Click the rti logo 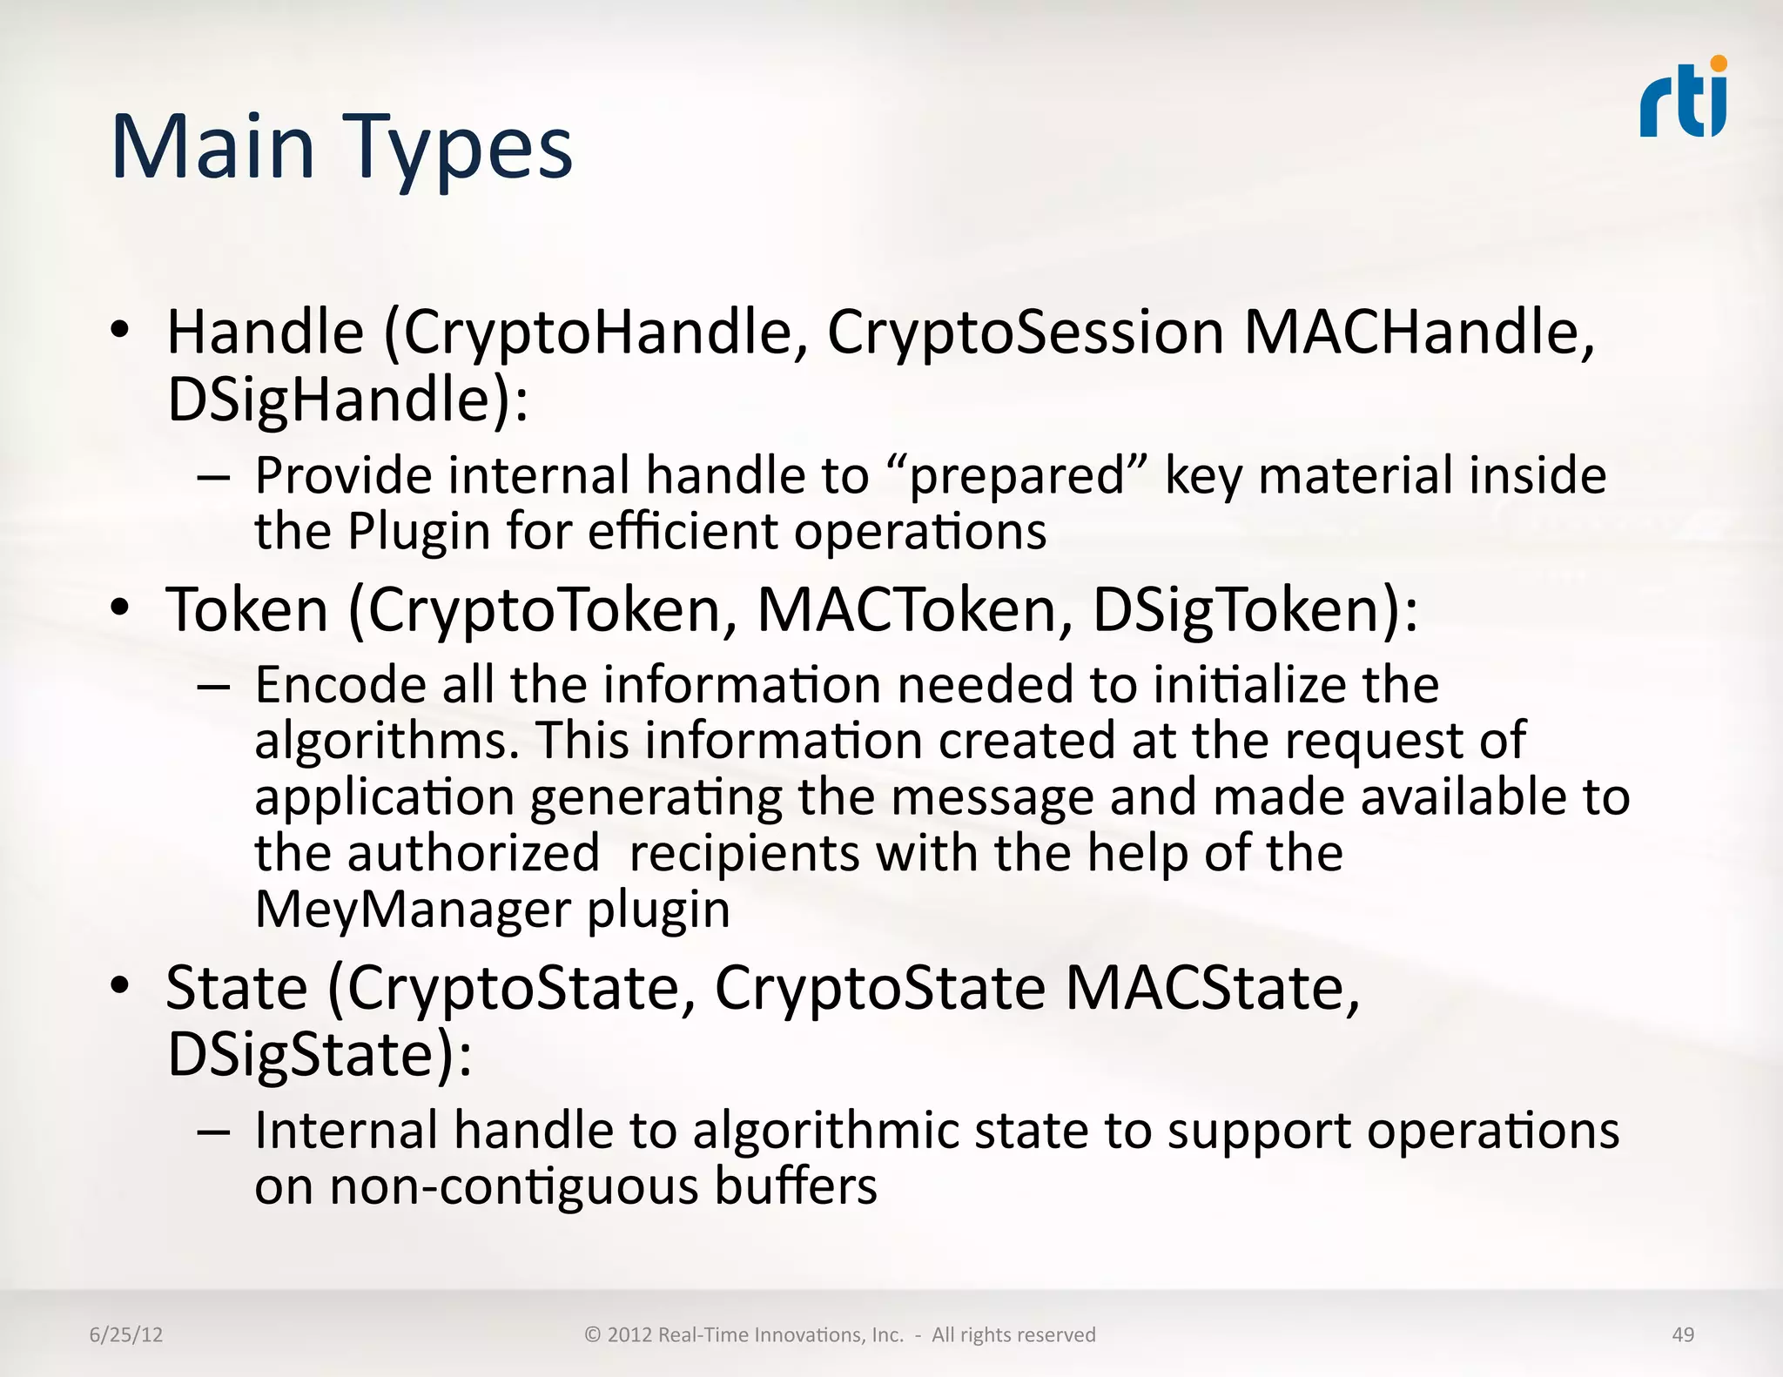[1683, 98]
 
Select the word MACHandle [1419, 332]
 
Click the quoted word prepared [1017, 476]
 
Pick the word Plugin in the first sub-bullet [419, 531]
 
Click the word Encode [340, 684]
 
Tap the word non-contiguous [514, 1186]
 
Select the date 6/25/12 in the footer [126, 1334]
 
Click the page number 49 [1683, 1334]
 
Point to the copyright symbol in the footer [593, 1334]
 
